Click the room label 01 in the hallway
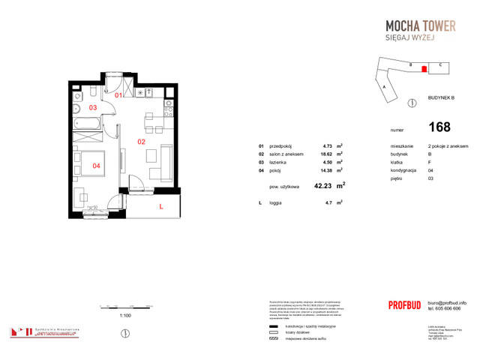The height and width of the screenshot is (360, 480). [118, 96]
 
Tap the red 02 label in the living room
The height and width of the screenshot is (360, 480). [140, 140]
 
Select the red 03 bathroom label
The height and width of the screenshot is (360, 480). [93, 108]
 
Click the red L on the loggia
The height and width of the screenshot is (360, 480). [160, 205]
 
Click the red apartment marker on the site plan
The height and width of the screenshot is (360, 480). [424, 69]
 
